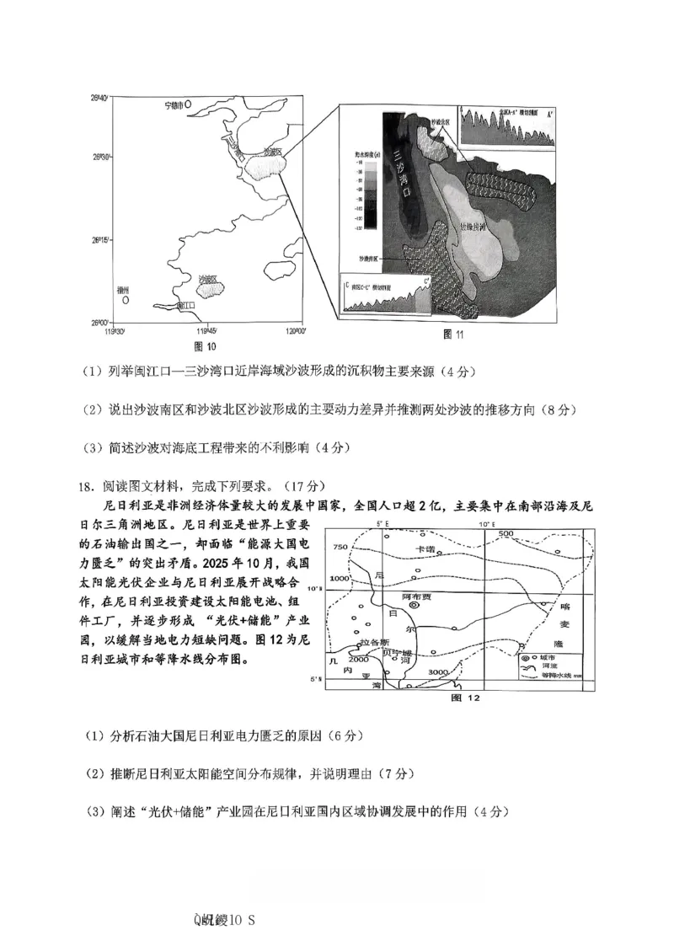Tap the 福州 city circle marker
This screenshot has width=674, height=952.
click(125, 299)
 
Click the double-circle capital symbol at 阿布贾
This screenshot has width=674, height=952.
click(414, 605)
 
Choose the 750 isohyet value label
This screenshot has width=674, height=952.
click(340, 548)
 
